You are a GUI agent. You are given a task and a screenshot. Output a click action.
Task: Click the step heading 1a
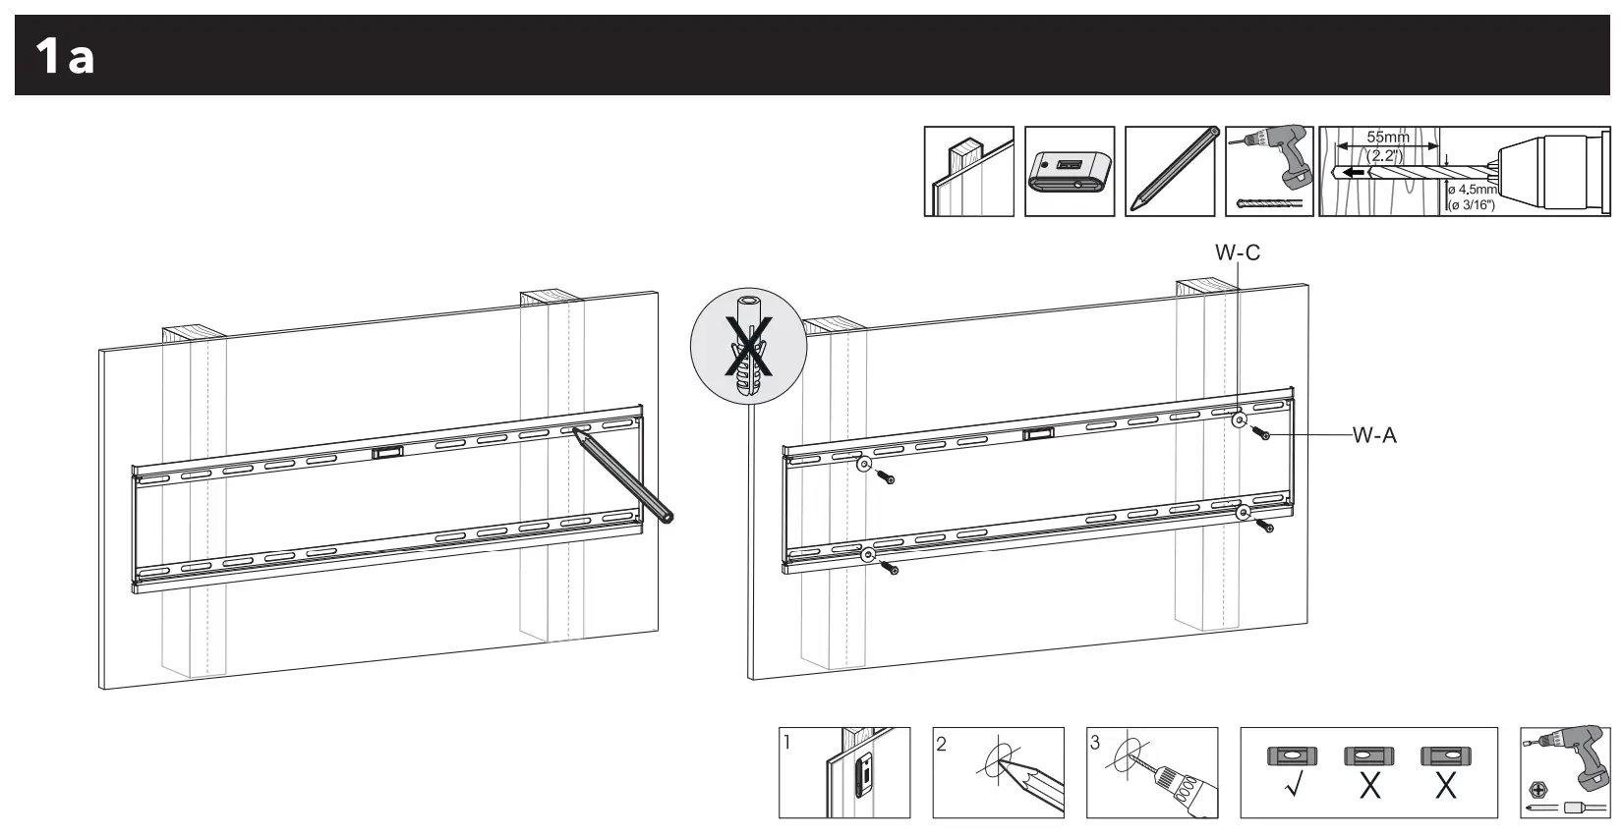pyautogui.click(x=65, y=56)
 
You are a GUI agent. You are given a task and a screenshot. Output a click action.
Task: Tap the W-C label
pyautogui.click(x=1237, y=252)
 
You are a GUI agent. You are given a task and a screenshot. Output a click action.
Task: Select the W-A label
pyautogui.click(x=1373, y=435)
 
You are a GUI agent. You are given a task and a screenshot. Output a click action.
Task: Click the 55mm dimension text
pyautogui.click(x=1387, y=138)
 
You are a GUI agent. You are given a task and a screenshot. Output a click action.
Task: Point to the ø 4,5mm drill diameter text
pyautogui.click(x=1472, y=190)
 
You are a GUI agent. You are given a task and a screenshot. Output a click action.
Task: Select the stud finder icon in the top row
pyautogui.click(x=1069, y=172)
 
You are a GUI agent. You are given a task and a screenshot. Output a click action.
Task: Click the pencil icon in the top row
pyautogui.click(x=1170, y=172)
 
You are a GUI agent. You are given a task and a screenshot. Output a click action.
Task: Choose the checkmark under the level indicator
pyautogui.click(x=1293, y=787)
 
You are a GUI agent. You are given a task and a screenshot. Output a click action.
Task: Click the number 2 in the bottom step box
pyautogui.click(x=941, y=744)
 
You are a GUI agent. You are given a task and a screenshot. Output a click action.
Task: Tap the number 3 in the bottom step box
pyautogui.click(x=1095, y=744)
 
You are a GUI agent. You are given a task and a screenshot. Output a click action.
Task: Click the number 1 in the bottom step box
pyautogui.click(x=787, y=743)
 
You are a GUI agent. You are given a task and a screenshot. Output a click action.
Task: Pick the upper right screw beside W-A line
pyautogui.click(x=1262, y=433)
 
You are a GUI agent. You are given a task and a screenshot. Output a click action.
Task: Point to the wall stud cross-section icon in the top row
pyautogui.click(x=968, y=172)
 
